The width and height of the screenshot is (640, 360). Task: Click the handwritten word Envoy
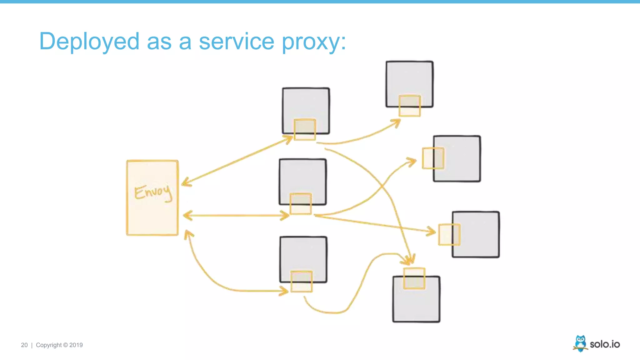point(153,192)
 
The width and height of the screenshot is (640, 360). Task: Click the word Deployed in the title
point(89,42)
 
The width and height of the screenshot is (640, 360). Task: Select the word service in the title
point(237,42)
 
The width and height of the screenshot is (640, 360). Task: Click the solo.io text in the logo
point(605,344)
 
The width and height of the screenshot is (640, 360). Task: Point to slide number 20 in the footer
point(24,345)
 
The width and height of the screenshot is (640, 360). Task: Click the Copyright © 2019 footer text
point(59,345)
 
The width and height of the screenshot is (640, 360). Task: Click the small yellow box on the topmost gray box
point(410,106)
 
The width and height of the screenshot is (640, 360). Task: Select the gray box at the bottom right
point(416,303)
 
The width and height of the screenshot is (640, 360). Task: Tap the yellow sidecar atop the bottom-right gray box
point(414,278)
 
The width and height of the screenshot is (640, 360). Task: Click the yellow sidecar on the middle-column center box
point(301,204)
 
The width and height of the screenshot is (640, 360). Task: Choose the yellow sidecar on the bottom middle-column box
point(302,281)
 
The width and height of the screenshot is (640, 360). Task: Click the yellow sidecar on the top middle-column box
point(305,129)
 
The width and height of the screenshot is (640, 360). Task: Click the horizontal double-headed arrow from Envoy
point(236,215)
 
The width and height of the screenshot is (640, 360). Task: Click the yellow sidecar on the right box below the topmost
point(433,158)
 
